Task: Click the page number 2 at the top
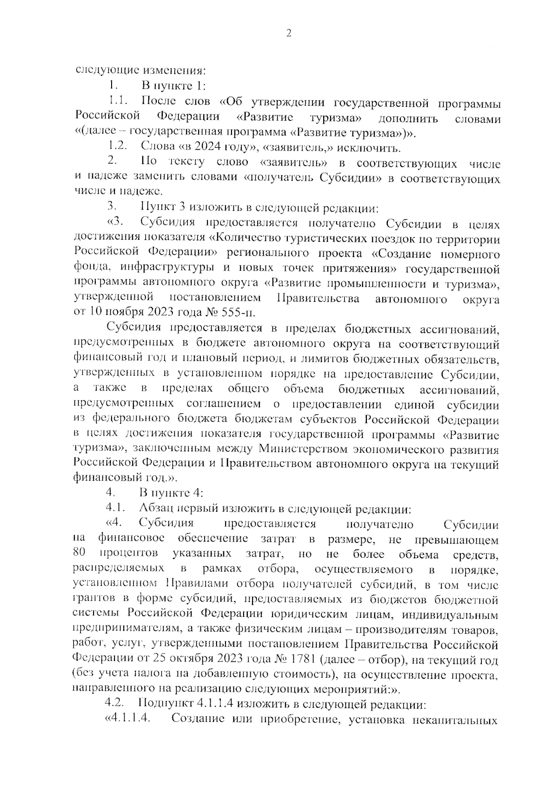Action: pos(288,33)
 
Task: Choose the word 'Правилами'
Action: pos(199,584)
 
